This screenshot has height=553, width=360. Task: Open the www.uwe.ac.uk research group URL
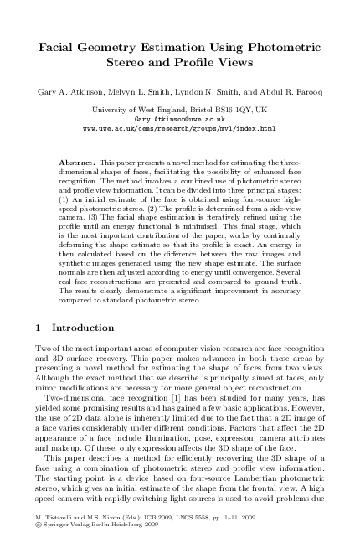[x=180, y=129]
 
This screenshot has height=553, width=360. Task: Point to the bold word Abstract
[x=80, y=158]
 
